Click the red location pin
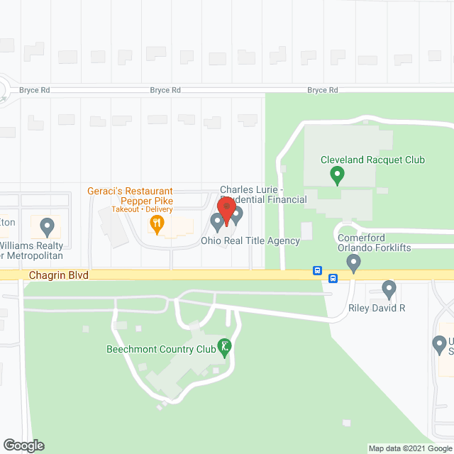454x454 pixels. click(x=226, y=211)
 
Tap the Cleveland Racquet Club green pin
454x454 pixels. click(x=338, y=173)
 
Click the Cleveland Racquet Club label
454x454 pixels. click(x=372, y=160)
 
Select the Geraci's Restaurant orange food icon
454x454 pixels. click(x=157, y=225)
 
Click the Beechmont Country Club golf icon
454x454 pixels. click(x=226, y=347)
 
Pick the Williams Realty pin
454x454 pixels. click(x=48, y=227)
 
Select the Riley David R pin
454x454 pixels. click(x=389, y=289)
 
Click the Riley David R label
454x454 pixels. click(x=376, y=308)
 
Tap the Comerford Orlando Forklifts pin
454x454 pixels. click(x=353, y=264)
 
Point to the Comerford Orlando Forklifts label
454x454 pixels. click(x=374, y=242)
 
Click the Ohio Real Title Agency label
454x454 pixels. click(x=250, y=240)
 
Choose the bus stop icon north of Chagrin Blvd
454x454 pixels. click(x=317, y=270)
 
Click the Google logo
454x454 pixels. click(x=23, y=445)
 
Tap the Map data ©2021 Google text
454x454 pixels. click(x=410, y=448)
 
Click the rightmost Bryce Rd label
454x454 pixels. click(x=322, y=90)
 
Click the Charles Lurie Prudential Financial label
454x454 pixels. click(x=263, y=194)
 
